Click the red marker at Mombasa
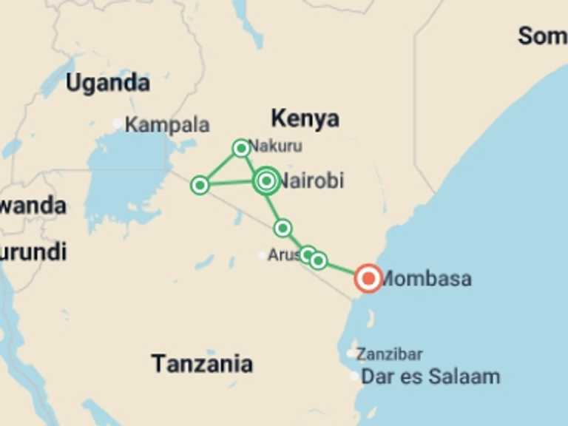368,278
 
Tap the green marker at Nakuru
241,148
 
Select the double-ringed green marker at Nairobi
267,180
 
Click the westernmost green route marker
200,185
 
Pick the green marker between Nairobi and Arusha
283,228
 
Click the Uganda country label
108,83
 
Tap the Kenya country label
305,118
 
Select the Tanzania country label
202,364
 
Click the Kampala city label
167,125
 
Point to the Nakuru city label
276,146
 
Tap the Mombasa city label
426,279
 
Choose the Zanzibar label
389,354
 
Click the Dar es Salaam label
430,376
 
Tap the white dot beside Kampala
118,124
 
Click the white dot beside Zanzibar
351,354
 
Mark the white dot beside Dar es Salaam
355,376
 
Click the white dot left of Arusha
262,255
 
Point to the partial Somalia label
542,35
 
